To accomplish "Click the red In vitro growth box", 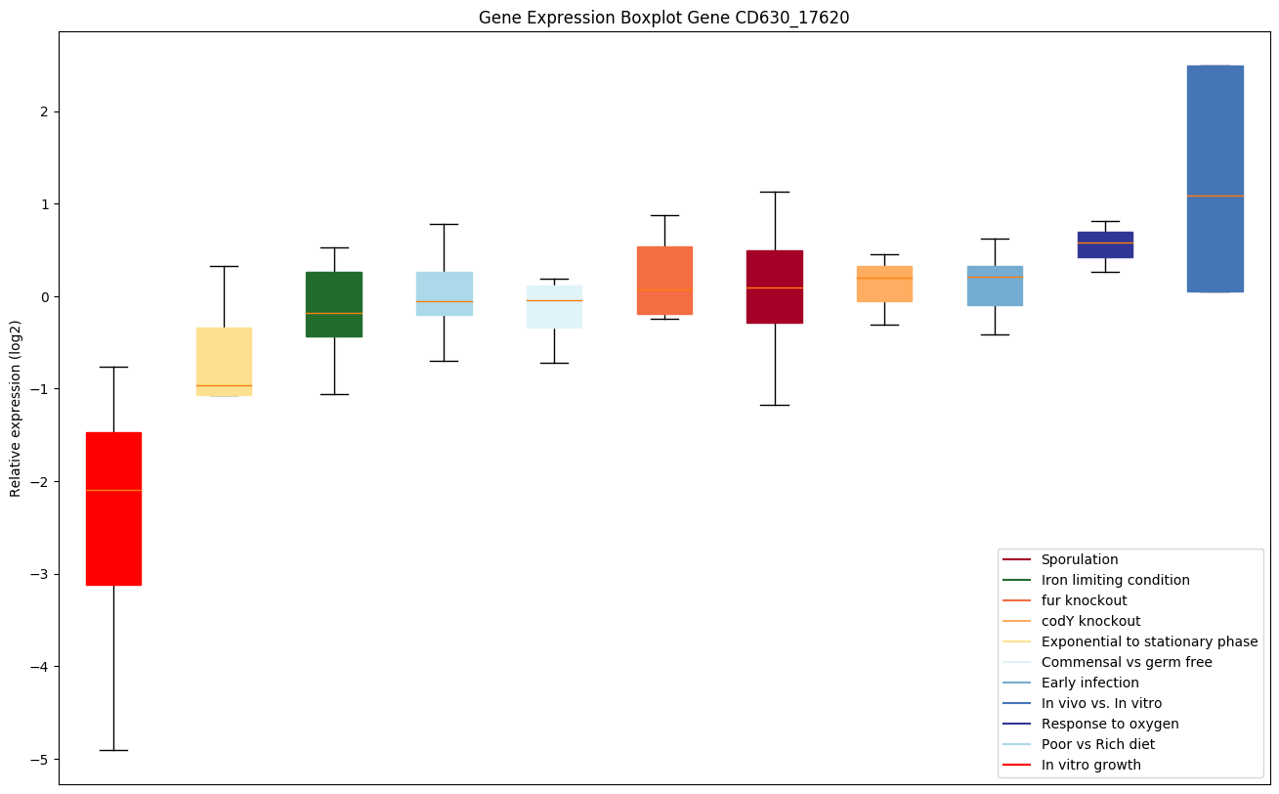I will click(x=113, y=508).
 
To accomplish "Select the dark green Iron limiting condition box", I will click(x=334, y=304).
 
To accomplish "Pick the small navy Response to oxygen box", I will click(x=1105, y=244).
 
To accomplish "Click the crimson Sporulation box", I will click(x=775, y=287).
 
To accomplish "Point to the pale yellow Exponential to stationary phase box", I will click(x=224, y=361).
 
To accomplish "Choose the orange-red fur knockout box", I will click(x=664, y=281).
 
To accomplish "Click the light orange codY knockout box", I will click(x=884, y=284).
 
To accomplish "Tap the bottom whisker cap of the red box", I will click(x=113, y=750).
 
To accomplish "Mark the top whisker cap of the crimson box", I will click(x=775, y=192).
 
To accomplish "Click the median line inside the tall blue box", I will click(x=1215, y=196).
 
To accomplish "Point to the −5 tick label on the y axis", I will click(x=40, y=760).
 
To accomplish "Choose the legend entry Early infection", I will click(x=1089, y=683).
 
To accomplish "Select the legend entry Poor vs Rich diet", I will click(x=1097, y=744).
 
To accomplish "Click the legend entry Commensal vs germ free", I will click(x=1126, y=662).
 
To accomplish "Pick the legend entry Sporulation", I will click(x=1079, y=559).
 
